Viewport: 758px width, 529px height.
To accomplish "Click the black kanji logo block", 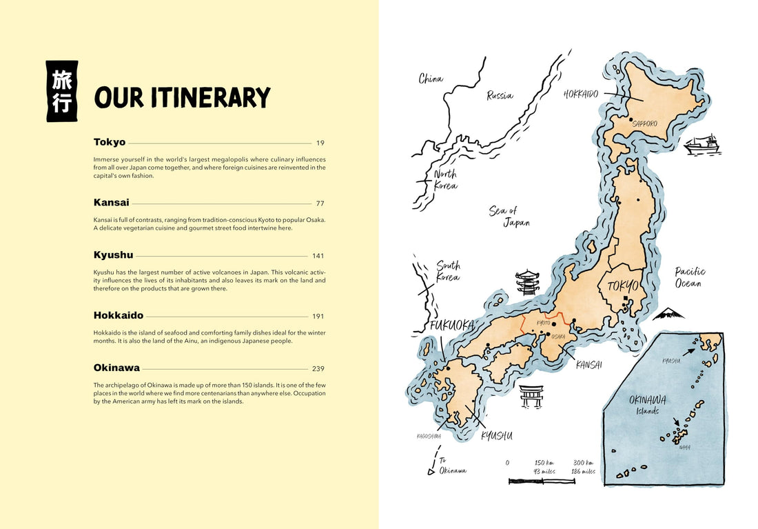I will click(62, 92).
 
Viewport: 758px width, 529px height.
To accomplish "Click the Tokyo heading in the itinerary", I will click(110, 142).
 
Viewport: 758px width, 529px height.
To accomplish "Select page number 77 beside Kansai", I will click(320, 203).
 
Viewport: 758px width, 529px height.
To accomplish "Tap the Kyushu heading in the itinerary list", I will click(113, 255).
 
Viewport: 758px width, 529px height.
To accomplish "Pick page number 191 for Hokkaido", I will click(318, 316).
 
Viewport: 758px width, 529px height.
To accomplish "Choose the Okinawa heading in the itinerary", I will click(116, 368).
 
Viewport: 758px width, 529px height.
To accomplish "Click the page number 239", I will click(318, 368).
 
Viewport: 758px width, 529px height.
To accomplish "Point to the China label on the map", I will click(431, 79).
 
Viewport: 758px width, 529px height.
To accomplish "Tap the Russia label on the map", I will click(500, 96).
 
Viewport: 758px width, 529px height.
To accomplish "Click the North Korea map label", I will click(445, 179).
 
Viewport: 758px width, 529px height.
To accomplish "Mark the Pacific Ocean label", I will click(689, 277).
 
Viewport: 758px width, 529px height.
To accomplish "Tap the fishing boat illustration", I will click(701, 143).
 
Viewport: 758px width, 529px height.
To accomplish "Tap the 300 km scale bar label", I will click(583, 467).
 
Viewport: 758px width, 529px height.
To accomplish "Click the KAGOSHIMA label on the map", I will click(429, 436).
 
